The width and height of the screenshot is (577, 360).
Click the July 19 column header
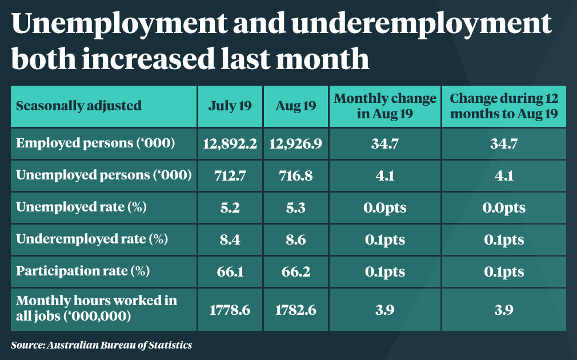click(x=230, y=106)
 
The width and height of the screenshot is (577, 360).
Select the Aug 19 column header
click(x=295, y=106)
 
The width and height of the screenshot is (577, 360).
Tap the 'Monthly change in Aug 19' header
click(x=384, y=106)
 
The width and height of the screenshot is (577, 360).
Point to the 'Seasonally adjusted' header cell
click(x=79, y=106)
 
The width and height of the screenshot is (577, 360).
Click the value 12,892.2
click(x=230, y=143)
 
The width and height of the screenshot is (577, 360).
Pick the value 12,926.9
click(x=295, y=143)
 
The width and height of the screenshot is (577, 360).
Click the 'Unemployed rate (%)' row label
click(x=82, y=207)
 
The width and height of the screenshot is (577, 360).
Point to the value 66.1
click(x=230, y=271)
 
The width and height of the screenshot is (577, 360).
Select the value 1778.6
click(x=230, y=310)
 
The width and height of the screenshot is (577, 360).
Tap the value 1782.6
click(x=295, y=310)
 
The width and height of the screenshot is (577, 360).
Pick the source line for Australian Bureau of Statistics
click(x=101, y=345)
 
